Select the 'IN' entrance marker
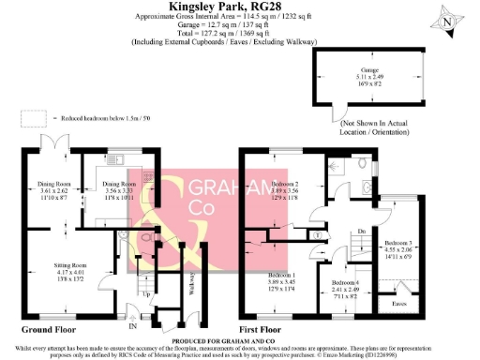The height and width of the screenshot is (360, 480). tap(132, 327)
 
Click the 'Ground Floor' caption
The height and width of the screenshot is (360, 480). tap(49, 330)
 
